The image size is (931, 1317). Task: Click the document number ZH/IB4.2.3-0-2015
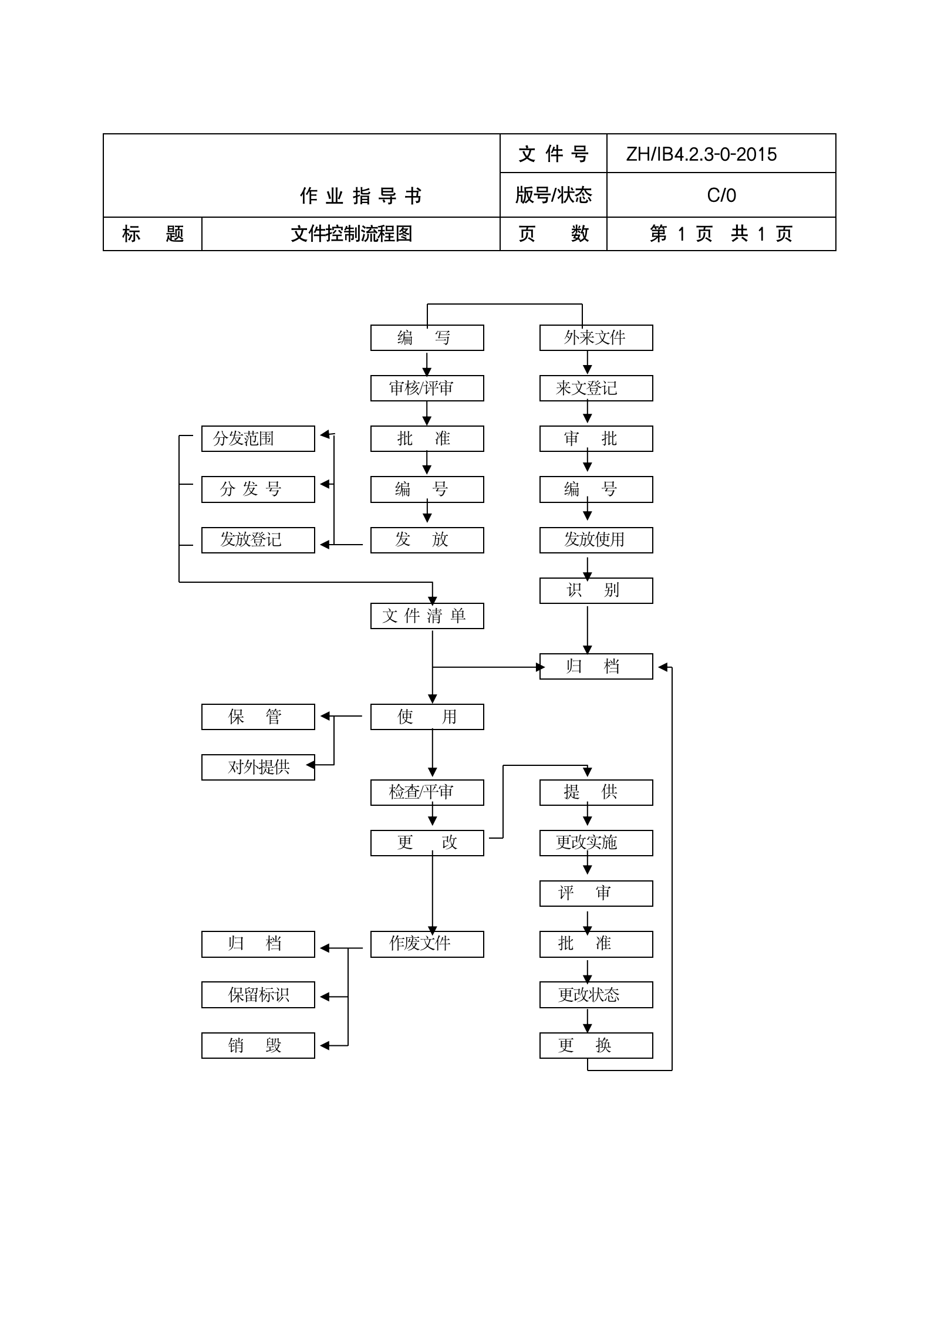701,154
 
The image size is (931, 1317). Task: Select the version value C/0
721,195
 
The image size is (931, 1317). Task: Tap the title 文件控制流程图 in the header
351,234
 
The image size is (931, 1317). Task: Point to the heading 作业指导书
360,196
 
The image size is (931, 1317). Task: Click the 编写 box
427,338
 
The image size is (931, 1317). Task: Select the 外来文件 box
596,338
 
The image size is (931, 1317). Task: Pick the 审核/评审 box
427,389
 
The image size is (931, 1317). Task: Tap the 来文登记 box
596,389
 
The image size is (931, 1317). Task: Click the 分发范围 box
258,439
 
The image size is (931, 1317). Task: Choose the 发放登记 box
258,540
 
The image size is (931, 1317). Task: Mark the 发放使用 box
596,540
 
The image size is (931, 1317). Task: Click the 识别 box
596,590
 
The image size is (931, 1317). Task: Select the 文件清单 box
427,616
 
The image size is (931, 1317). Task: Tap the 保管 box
258,717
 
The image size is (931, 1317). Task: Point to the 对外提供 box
258,768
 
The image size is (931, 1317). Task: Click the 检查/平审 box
427,793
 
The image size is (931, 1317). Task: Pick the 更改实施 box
596,843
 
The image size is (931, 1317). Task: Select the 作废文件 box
427,944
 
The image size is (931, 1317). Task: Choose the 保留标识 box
258,995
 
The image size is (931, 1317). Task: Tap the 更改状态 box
596,995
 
